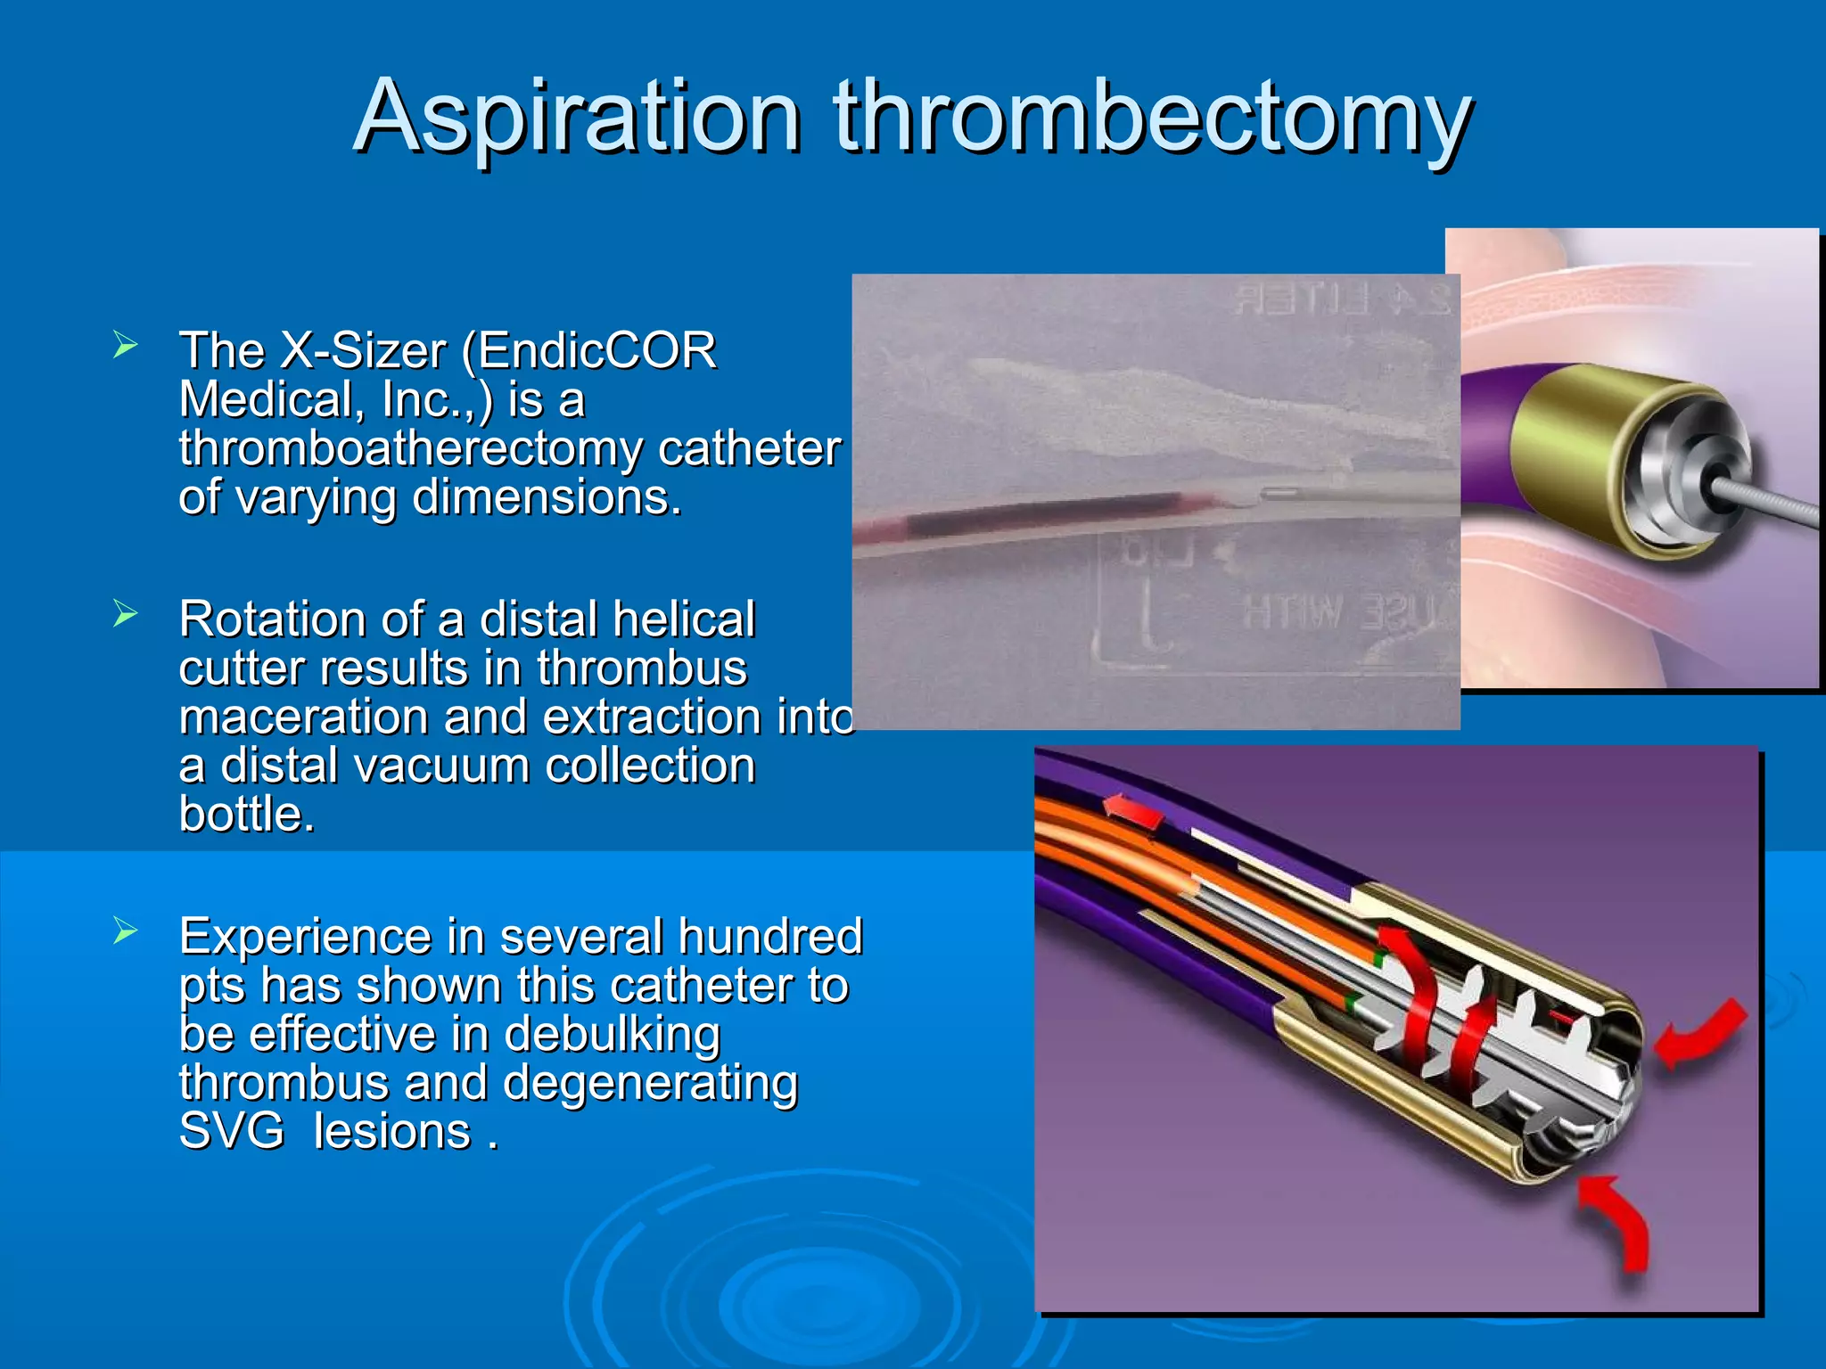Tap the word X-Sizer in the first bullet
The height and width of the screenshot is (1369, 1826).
point(362,350)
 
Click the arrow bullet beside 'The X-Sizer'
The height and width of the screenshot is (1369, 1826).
point(125,345)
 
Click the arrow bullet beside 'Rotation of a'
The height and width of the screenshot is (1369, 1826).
point(125,613)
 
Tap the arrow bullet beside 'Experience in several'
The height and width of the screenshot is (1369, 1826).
point(125,931)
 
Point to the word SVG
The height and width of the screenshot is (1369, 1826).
point(231,1132)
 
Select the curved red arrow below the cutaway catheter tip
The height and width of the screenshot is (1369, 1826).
point(1618,1221)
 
